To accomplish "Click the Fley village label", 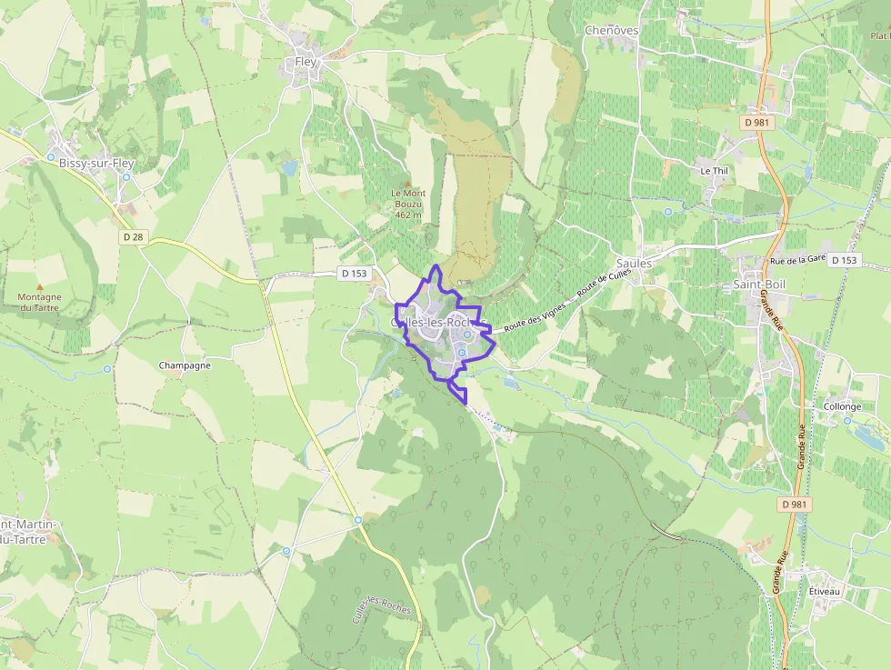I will click(305, 62).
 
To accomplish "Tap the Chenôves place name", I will click(611, 30).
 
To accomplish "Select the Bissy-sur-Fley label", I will click(95, 164).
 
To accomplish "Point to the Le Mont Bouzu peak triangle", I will click(408, 183).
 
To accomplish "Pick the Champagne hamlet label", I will click(185, 365).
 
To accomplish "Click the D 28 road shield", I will click(133, 237).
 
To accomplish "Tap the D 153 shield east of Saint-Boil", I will click(844, 260).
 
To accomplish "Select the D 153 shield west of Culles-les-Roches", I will click(355, 273).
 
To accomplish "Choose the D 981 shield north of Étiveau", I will click(796, 504).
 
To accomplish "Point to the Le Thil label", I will click(714, 171).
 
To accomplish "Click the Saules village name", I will click(634, 264).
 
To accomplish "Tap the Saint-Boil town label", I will click(758, 285).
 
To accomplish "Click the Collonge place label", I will click(842, 406).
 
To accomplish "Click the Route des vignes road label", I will click(535, 315).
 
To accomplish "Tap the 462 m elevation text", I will click(408, 215).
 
